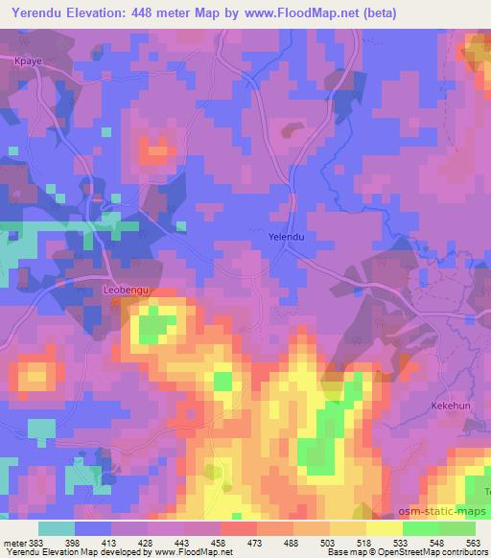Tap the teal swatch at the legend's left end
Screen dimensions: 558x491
click(x=56, y=528)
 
